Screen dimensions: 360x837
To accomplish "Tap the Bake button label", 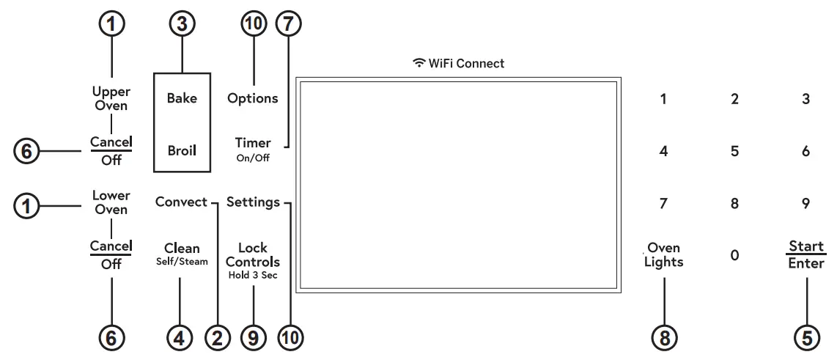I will [x=182, y=98].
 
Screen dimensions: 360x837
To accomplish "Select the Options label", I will [x=253, y=98].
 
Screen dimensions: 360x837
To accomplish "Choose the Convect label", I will [x=181, y=202].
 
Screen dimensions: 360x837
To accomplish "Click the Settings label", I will [x=253, y=202].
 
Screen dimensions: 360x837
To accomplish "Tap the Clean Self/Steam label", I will [x=182, y=254].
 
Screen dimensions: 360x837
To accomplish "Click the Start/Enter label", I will [x=806, y=254].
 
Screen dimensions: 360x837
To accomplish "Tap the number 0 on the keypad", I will [x=734, y=255].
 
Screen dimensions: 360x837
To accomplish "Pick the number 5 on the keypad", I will [x=734, y=151].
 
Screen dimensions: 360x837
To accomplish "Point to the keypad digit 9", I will [x=805, y=204].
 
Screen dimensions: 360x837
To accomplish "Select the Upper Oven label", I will [x=111, y=98].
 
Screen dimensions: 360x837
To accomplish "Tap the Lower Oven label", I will [x=111, y=202].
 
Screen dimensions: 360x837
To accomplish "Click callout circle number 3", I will [x=182, y=24].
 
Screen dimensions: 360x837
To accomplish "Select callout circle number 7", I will [x=287, y=24].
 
